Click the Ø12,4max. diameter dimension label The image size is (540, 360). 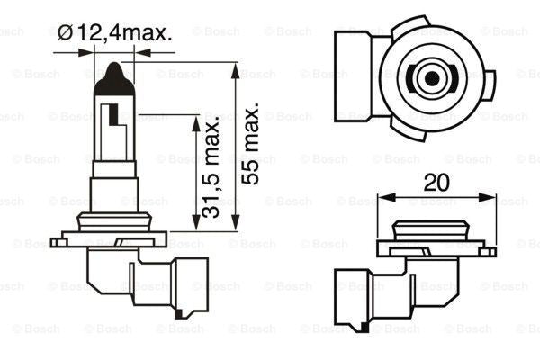coord(114,33)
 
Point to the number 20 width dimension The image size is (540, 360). coord(437,182)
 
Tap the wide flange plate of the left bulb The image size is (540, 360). coord(109,240)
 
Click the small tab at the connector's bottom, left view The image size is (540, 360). coord(184,313)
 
